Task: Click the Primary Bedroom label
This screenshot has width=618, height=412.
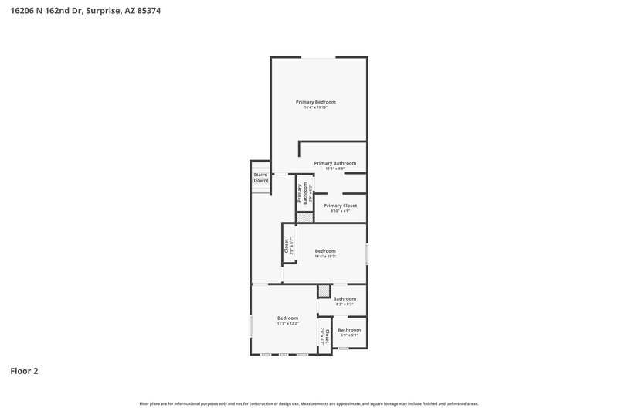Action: pos(316,102)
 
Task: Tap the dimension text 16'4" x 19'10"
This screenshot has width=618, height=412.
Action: pos(316,107)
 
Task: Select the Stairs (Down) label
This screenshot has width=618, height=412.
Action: pos(260,177)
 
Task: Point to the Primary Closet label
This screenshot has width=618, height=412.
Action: pos(340,206)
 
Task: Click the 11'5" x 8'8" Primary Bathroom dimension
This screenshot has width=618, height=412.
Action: pos(334,169)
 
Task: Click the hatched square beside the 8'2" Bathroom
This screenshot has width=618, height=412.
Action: pos(324,291)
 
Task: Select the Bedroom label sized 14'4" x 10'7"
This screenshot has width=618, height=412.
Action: pos(325,250)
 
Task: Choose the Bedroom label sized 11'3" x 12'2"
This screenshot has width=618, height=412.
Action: pos(287,318)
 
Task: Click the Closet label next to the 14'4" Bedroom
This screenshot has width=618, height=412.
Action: pos(287,246)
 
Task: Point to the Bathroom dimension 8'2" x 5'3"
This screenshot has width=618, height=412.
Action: pos(345,304)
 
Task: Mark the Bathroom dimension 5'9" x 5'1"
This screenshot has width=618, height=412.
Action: pos(349,335)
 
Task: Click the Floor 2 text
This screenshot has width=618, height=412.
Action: pos(24,371)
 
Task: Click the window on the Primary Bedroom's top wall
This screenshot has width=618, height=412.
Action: pos(318,56)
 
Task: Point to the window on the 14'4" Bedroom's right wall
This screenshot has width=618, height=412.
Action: pos(367,254)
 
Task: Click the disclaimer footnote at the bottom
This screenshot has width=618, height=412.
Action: pos(309,403)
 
